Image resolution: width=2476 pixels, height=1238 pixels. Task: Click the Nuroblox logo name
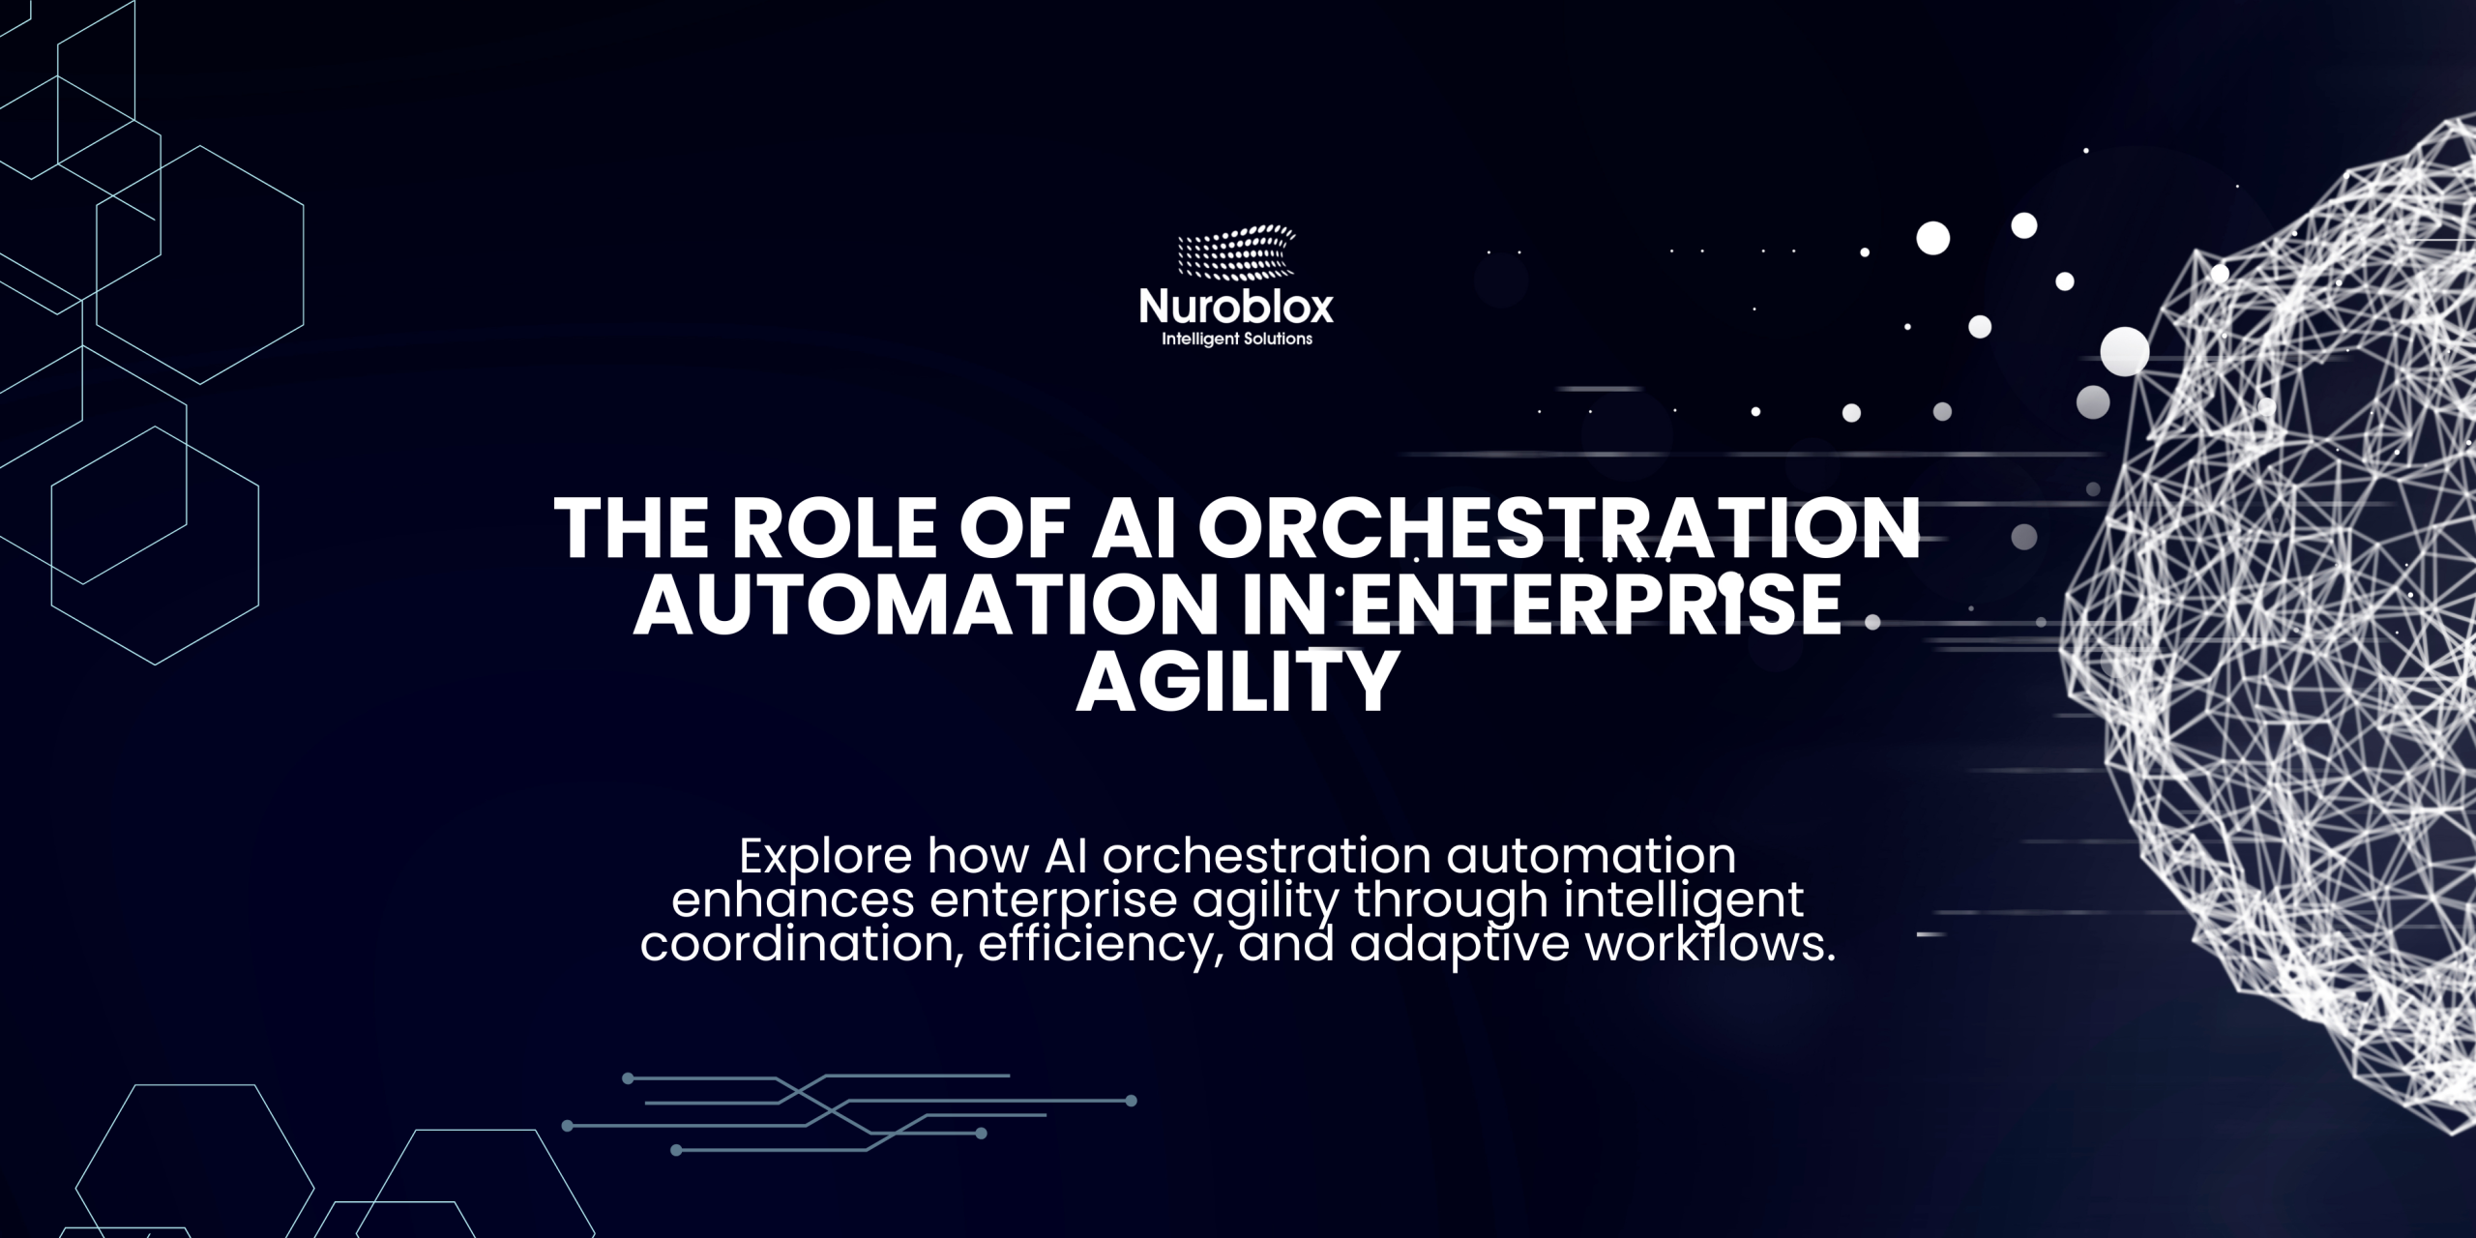point(1236,308)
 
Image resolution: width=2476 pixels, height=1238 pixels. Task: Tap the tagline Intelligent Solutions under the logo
point(1236,339)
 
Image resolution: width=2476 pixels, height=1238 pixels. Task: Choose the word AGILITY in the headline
point(1238,682)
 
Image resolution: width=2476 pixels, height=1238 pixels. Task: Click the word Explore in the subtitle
point(825,856)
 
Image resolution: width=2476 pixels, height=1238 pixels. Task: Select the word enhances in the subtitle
point(793,900)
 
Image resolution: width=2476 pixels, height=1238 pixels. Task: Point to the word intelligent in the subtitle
point(1686,902)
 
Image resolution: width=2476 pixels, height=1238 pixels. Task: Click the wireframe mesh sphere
point(2283,619)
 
